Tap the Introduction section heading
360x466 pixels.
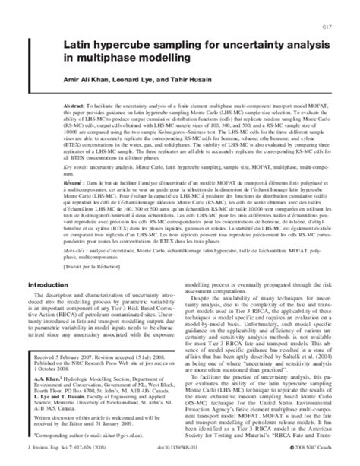52,328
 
